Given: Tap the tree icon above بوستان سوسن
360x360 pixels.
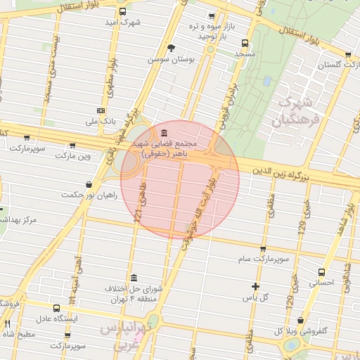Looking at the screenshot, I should [172, 48].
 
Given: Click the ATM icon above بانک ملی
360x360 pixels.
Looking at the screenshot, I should [101, 110].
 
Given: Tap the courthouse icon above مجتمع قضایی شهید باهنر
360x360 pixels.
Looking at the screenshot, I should [163, 134].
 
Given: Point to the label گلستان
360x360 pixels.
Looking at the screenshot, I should [335, 65].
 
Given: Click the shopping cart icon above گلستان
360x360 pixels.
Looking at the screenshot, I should [348, 54].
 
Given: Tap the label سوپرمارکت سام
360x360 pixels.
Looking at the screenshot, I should [264, 260].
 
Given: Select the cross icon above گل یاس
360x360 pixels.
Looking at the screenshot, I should [255, 286].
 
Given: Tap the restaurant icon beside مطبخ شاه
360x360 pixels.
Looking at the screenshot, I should [8, 324].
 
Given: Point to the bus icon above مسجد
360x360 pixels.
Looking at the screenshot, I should [244, 43].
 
